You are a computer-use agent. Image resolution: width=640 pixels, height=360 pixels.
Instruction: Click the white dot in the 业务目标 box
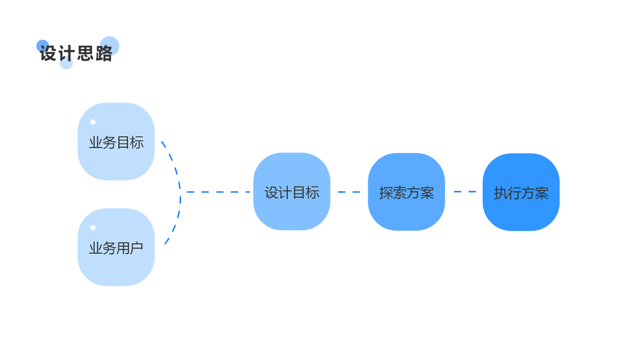coord(93,122)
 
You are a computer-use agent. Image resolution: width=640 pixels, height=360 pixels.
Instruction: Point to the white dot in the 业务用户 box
coord(93,227)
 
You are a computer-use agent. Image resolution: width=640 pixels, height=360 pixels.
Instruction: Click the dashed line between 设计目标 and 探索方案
coord(349,192)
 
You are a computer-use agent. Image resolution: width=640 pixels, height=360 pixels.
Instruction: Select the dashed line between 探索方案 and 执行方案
coord(464,192)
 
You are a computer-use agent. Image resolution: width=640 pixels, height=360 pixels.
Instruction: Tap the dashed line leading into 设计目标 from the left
coord(217,192)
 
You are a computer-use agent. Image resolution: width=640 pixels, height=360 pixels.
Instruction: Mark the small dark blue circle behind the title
coord(42,45)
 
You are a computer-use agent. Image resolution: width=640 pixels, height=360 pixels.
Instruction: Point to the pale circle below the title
coord(67,64)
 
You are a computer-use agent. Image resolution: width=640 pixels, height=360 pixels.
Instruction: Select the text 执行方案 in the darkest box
coord(521,193)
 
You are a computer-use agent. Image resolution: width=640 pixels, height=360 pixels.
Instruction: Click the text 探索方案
coord(406,193)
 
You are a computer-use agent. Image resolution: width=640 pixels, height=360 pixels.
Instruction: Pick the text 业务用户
coord(116,248)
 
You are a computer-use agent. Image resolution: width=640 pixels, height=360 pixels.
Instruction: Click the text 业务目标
coord(116,143)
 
